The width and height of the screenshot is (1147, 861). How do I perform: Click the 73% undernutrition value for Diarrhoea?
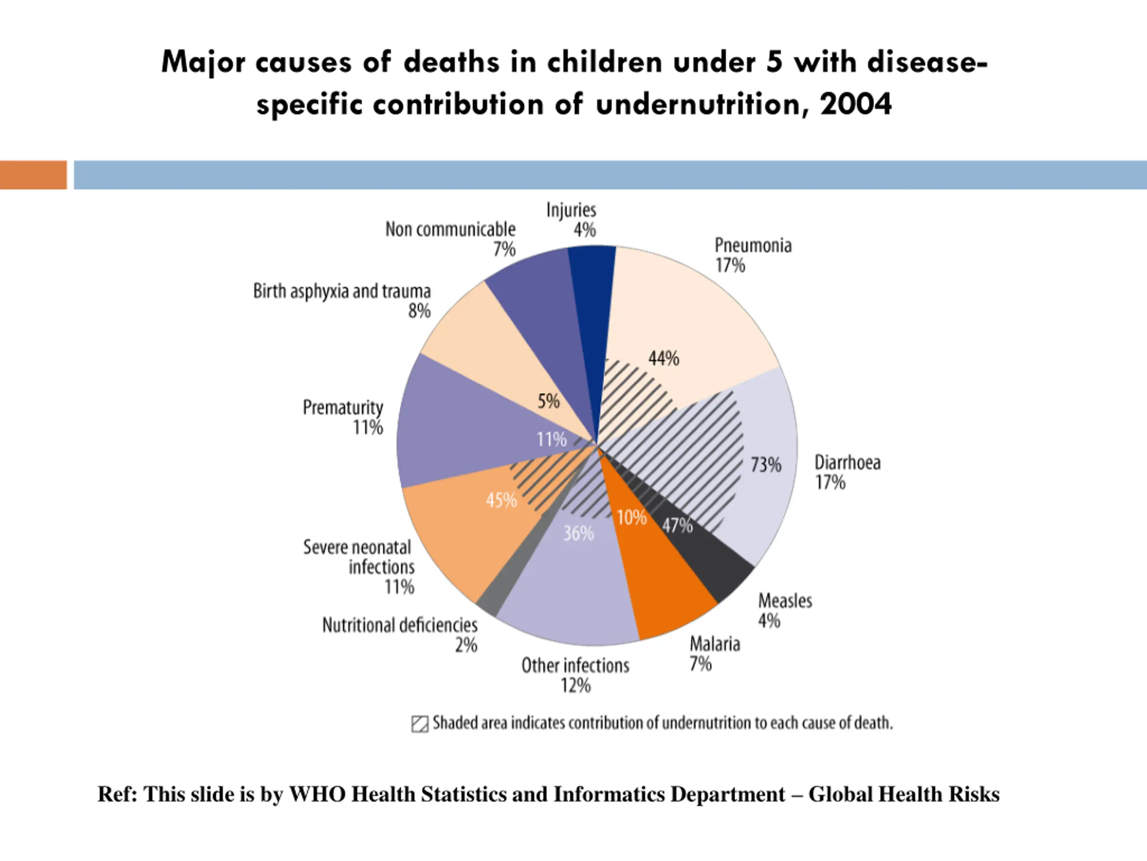[766, 465]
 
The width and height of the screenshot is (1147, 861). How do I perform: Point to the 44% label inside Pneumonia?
[663, 359]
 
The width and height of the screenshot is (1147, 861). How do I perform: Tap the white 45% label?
[501, 500]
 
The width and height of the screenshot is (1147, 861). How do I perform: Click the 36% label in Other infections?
[578, 533]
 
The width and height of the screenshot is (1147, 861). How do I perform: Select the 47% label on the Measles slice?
[677, 526]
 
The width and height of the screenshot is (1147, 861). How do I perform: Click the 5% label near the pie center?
[548, 401]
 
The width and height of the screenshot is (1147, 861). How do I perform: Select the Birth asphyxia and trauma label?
[342, 291]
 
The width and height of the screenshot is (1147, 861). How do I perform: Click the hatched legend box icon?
[419, 724]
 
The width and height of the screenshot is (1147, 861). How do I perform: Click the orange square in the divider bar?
[33, 175]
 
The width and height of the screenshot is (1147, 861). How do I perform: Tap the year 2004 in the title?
[856, 104]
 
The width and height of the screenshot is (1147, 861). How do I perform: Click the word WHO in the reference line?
[317, 795]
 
